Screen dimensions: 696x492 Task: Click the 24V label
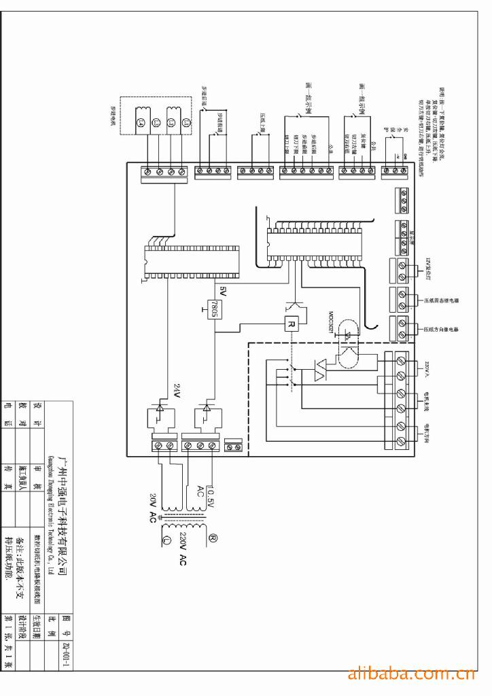click(177, 390)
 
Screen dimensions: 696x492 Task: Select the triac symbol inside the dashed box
click(320, 370)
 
